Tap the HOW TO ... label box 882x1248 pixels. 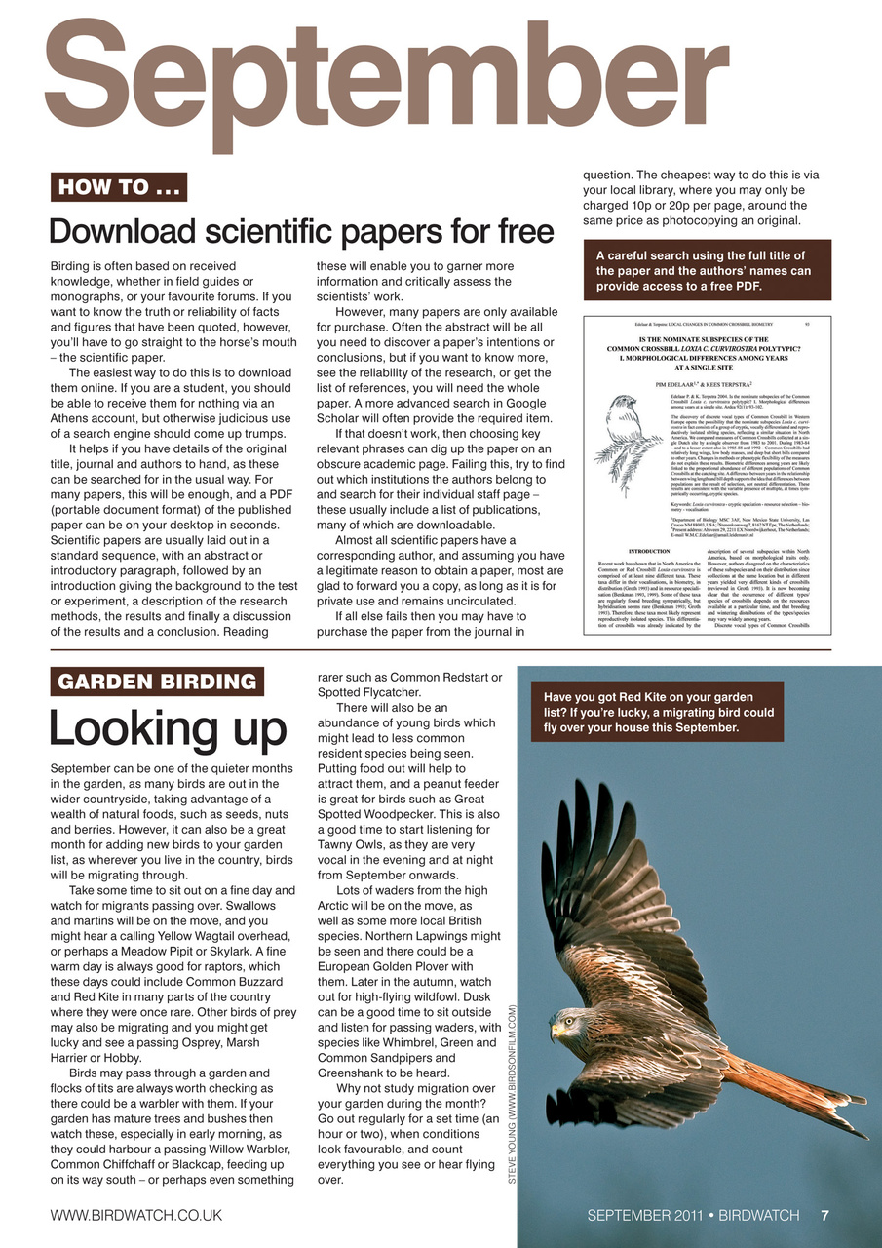(118, 186)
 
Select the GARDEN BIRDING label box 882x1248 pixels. (157, 682)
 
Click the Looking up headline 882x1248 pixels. (168, 727)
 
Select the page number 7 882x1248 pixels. (824, 1215)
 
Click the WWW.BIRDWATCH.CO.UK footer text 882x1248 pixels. (136, 1215)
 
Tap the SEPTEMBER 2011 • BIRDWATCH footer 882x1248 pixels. (693, 1215)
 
